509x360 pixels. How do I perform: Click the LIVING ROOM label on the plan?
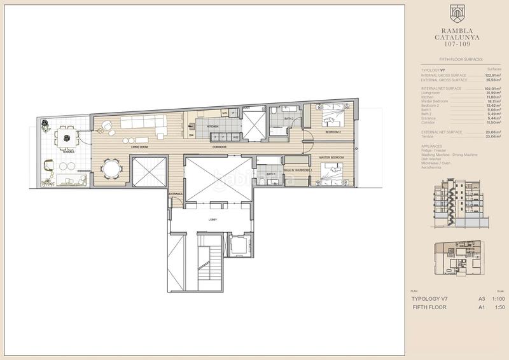140,147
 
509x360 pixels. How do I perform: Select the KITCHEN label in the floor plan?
213,127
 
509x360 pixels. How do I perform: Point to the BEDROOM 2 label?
333,132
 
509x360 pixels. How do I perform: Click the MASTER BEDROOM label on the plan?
331,156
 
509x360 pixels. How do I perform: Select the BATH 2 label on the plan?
289,118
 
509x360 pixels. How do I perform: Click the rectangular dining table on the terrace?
64,135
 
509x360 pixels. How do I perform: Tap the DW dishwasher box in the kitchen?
192,135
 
